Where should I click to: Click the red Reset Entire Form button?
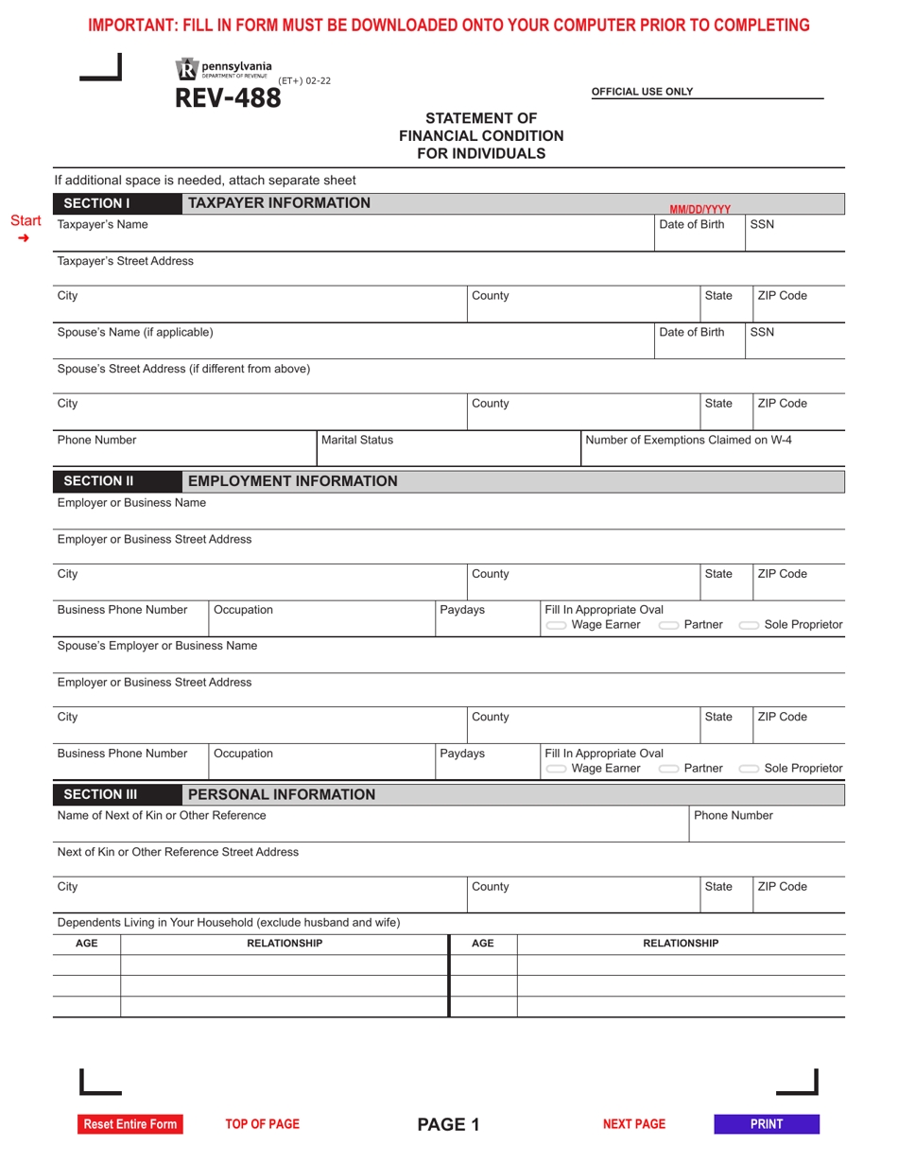pos(130,1124)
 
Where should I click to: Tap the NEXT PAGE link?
pos(634,1124)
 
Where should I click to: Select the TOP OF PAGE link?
pos(262,1124)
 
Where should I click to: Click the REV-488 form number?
pos(228,96)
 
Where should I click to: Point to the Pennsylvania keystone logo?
pos(186,68)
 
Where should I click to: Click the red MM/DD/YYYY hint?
pos(699,209)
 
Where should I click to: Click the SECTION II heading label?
pos(105,482)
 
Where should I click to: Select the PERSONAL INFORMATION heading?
pos(282,794)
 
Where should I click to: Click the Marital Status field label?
pos(357,440)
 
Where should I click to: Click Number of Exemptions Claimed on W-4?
pos(689,440)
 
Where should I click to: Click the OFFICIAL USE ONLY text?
pos(642,92)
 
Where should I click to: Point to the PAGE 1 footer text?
pos(449,1124)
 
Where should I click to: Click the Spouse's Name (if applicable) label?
pos(135,332)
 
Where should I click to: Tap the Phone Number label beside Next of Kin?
pos(734,815)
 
